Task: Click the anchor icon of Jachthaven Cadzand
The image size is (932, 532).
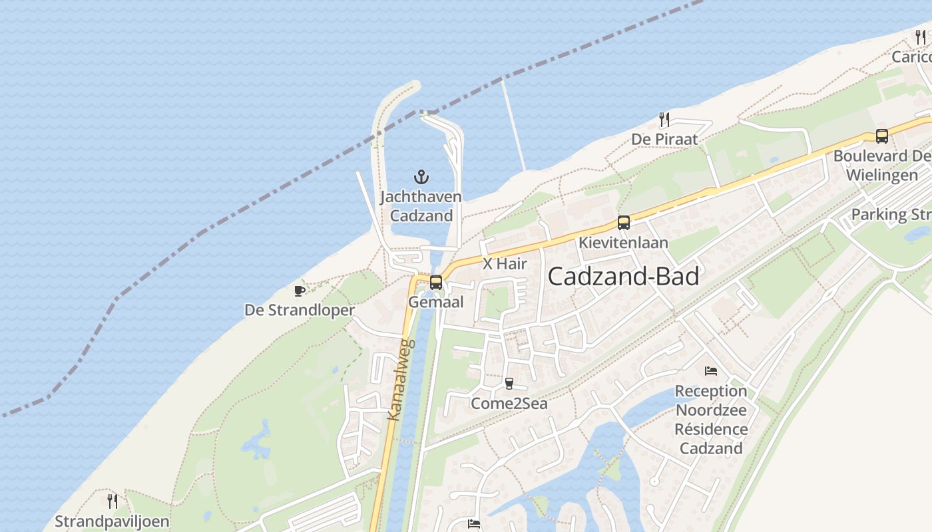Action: click(x=421, y=177)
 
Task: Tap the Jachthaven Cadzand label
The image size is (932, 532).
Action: click(x=421, y=206)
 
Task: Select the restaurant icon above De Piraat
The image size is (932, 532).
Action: click(x=664, y=120)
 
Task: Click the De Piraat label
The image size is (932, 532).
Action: click(x=664, y=139)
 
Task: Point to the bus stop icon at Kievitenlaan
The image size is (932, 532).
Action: click(x=623, y=223)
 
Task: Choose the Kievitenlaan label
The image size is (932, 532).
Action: click(x=623, y=243)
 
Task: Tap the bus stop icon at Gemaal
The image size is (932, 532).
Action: click(x=436, y=283)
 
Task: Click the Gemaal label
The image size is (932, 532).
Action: click(x=436, y=302)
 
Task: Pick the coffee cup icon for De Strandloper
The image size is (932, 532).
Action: click(x=300, y=291)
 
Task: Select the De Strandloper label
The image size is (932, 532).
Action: click(x=300, y=310)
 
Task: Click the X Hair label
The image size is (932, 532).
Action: click(x=505, y=264)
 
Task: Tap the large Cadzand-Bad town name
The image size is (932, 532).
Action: click(x=623, y=277)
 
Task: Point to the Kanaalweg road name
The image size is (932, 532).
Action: click(x=401, y=380)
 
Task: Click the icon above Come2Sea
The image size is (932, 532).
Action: click(x=509, y=383)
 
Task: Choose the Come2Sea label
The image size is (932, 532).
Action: click(x=509, y=403)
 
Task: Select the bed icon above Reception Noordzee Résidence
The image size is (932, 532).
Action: click(x=711, y=370)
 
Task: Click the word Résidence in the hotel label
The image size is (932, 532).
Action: click(x=711, y=430)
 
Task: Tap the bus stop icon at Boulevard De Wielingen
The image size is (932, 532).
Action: click(x=882, y=136)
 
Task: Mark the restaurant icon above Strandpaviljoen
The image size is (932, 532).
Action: click(x=113, y=501)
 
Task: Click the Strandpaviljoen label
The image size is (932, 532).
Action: click(x=112, y=521)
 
